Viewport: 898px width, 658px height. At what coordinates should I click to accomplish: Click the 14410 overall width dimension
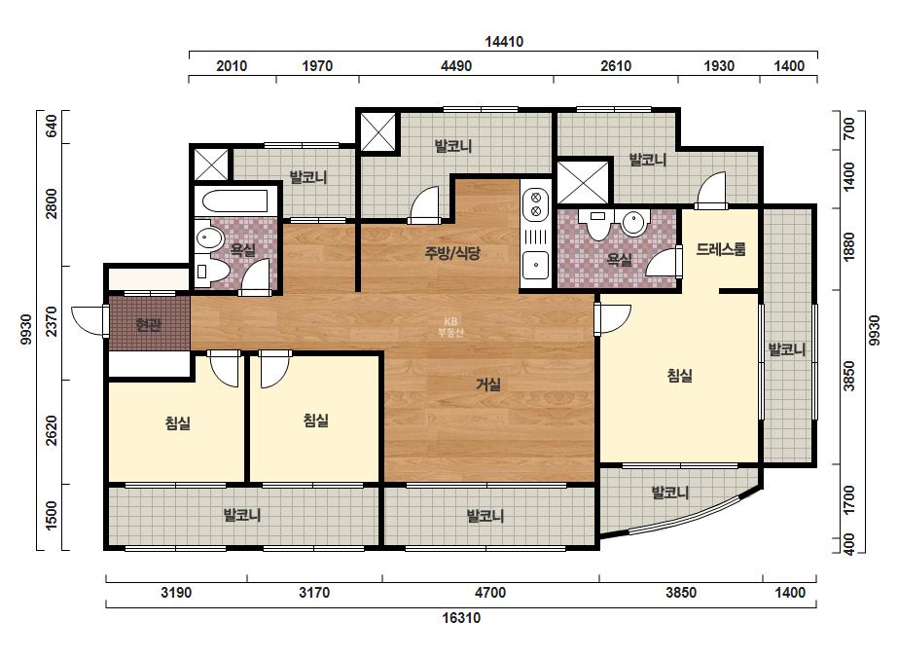point(504,42)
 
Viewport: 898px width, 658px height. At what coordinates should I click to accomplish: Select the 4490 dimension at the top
point(456,66)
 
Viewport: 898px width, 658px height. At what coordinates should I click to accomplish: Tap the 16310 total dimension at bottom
point(461,618)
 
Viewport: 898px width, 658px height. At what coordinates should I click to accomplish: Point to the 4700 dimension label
point(490,593)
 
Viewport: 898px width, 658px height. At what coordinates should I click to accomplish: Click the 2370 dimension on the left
point(51,322)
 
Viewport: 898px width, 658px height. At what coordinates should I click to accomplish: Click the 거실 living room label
point(488,384)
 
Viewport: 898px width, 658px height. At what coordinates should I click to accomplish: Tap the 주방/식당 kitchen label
point(452,253)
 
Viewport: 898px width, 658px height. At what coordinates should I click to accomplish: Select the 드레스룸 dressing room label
point(721,249)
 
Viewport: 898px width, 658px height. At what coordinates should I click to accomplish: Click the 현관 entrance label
point(148,325)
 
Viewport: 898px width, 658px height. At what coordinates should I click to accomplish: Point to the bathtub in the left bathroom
point(234,201)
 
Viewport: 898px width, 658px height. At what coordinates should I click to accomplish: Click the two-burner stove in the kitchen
point(536,204)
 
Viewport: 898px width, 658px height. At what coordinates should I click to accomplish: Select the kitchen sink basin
point(535,266)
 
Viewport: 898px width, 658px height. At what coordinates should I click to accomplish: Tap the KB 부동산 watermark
point(450,328)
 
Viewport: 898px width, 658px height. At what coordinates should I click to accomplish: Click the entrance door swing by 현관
point(90,321)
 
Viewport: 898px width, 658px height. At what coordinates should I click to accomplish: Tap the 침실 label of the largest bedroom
point(680,376)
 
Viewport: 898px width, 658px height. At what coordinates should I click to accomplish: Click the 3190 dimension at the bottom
point(176,593)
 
